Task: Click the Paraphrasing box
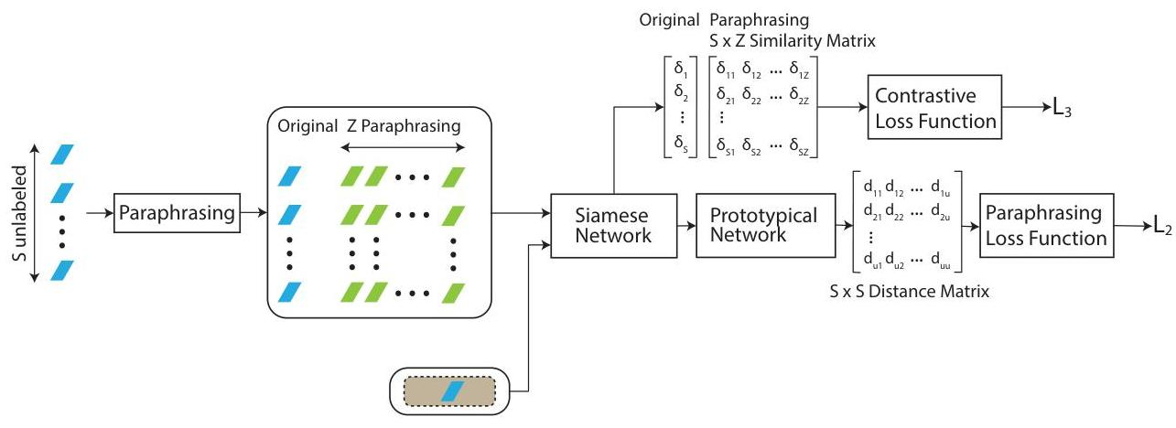pyautogui.click(x=174, y=214)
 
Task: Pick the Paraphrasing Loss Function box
pyautogui.click(x=1047, y=225)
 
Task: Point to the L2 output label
pyautogui.click(x=1159, y=229)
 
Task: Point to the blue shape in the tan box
pyautogui.click(x=451, y=391)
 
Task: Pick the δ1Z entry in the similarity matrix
pyautogui.click(x=799, y=68)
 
